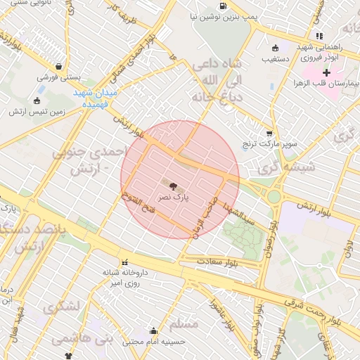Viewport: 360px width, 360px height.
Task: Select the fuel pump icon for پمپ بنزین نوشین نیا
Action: click(x=224, y=6)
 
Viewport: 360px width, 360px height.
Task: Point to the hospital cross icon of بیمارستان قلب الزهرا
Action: click(x=326, y=72)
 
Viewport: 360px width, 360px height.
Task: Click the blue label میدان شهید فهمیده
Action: click(x=99, y=98)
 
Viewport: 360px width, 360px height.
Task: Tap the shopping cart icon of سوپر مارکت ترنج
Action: click(x=269, y=133)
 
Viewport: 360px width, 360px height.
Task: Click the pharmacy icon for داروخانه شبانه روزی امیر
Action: click(x=124, y=262)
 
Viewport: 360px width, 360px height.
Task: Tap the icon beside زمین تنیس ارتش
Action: click(x=37, y=100)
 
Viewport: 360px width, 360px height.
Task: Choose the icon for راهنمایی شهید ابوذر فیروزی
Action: click(x=320, y=36)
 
